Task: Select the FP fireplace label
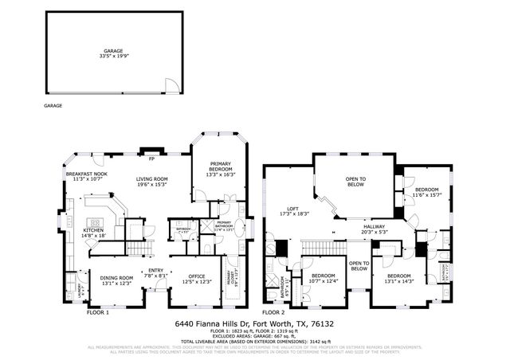point(151,147)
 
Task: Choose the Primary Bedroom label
point(221,168)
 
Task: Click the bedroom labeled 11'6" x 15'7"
point(426,192)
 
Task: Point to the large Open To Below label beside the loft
point(355,181)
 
